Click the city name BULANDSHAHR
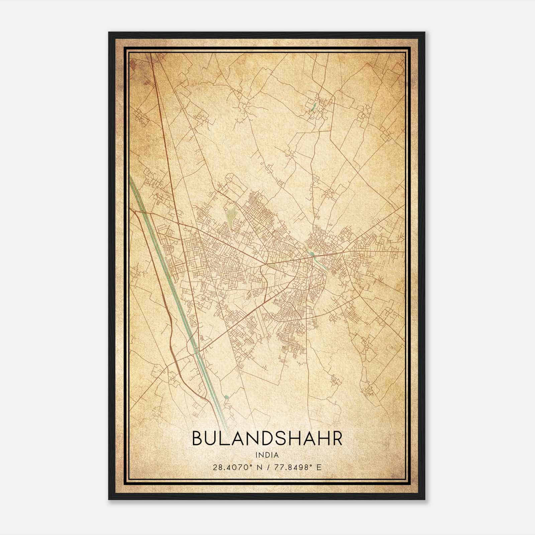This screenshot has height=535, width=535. [x=267, y=439]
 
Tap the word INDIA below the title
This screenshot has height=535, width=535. [x=267, y=455]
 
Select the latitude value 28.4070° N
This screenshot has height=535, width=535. [x=235, y=467]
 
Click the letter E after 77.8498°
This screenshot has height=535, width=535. [x=319, y=467]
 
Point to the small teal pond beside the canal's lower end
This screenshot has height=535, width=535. [x=226, y=397]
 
